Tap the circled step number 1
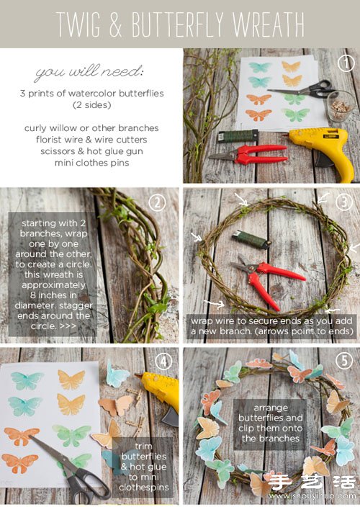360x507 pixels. click(x=346, y=63)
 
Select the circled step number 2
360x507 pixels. click(x=157, y=203)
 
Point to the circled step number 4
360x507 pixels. click(x=163, y=362)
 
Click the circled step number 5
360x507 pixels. click(x=344, y=361)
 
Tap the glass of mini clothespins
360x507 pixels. click(x=341, y=107)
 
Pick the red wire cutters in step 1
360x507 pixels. click(x=249, y=154)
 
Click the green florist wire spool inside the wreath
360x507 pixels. click(x=251, y=239)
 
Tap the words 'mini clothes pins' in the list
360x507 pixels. click(x=91, y=163)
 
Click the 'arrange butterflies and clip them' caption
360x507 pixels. click(x=271, y=423)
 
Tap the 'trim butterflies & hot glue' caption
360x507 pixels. click(x=144, y=467)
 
